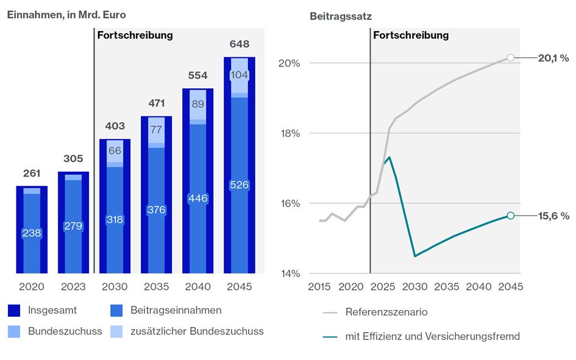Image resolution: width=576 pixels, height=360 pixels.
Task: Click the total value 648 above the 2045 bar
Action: (240, 44)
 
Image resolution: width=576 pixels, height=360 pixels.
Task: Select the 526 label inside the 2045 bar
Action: (240, 185)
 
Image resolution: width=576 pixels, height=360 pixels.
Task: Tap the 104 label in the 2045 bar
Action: (240, 75)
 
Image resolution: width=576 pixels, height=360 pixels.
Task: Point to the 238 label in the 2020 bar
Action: (32, 233)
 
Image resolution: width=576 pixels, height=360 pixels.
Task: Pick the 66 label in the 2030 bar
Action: (115, 151)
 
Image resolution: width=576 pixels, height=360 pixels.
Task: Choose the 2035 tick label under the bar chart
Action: (156, 287)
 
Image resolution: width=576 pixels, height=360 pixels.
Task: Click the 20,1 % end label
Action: (553, 58)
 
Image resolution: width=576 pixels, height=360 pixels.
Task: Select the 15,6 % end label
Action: (553, 216)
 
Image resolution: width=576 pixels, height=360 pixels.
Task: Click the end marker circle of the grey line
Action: (511, 58)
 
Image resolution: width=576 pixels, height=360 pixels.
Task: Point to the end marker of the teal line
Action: (511, 215)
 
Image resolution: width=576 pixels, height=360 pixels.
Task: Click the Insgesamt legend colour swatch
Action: (15, 311)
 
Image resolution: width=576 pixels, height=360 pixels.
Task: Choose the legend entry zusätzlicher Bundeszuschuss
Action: (197, 331)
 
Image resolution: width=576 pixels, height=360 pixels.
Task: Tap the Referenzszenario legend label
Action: (386, 312)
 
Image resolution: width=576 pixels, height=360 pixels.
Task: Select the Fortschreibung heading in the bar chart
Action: (135, 35)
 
